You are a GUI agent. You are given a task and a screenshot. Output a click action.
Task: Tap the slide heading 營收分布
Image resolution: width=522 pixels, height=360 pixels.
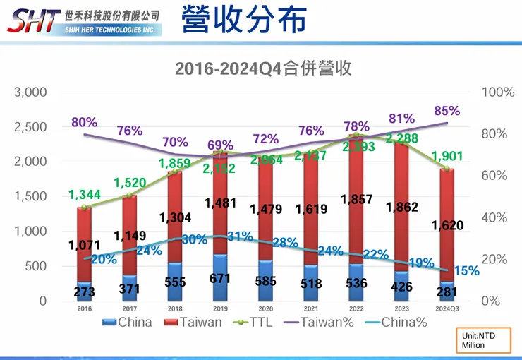pyautogui.click(x=243, y=20)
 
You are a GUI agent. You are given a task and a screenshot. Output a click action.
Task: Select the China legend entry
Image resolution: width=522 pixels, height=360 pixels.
pyautogui.click(x=130, y=322)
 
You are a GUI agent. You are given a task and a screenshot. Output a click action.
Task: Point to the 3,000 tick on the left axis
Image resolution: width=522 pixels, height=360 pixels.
pyautogui.click(x=30, y=92)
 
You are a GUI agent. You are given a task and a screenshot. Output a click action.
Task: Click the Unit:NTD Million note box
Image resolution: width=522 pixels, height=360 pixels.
pyautogui.click(x=480, y=340)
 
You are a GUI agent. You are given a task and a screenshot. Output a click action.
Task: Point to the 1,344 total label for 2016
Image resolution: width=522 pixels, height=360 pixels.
pyautogui.click(x=85, y=193)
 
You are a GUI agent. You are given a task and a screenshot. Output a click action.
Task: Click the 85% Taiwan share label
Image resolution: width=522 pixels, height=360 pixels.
pyautogui.click(x=447, y=111)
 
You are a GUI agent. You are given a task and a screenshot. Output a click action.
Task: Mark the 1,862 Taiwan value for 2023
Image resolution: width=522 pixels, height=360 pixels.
pyautogui.click(x=403, y=208)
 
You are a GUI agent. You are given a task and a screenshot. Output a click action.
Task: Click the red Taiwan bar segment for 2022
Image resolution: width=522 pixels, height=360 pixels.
pyautogui.click(x=357, y=212)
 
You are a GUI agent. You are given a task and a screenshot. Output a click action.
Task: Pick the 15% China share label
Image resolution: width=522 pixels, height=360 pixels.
pyautogui.click(x=466, y=270)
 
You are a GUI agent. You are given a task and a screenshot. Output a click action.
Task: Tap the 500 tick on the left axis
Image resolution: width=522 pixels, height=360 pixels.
pyautogui.click(x=35, y=266)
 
